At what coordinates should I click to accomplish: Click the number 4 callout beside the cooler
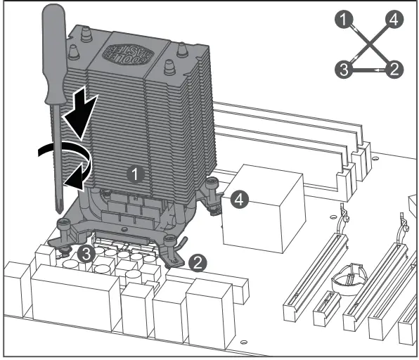pos(239,200)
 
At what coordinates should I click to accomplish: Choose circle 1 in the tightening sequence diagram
pos(342,20)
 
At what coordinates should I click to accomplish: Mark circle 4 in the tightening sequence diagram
pos(395,20)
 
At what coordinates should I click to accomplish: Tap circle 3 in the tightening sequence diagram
pos(342,69)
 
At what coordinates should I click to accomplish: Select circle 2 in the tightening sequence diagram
pos(395,69)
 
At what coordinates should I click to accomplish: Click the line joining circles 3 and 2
pos(368,70)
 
